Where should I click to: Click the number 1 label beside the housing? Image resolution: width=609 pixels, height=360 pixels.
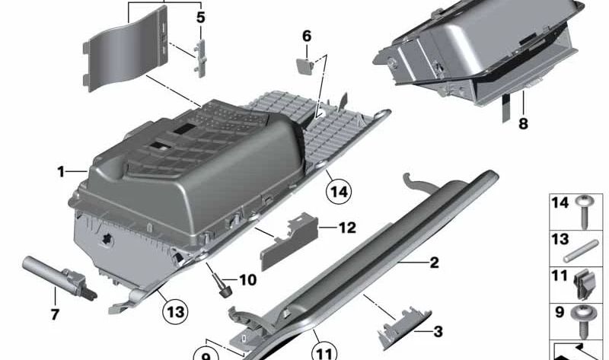(x=61, y=172)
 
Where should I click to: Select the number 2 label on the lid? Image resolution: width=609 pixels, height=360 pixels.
(x=434, y=263)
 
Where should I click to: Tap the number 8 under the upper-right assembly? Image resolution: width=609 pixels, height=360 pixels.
(x=522, y=123)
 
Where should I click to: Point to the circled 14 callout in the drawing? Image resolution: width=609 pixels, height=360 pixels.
(x=339, y=190)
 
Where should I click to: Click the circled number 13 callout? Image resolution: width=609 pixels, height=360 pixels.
(x=176, y=311)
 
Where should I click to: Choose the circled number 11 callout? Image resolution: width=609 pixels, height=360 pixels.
(x=324, y=352)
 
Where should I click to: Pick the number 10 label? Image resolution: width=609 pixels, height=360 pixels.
(x=247, y=280)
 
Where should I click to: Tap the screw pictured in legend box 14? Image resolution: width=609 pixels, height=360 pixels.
(x=588, y=209)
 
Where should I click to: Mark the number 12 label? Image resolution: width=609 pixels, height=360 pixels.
(x=346, y=227)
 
